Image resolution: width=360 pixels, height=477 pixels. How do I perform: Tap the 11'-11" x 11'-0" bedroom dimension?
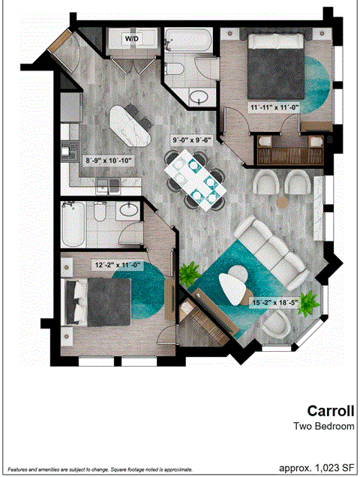[x=274, y=106]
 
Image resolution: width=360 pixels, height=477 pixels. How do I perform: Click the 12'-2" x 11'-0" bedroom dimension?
[x=117, y=264]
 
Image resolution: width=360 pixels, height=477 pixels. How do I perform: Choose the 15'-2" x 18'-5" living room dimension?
[x=275, y=302]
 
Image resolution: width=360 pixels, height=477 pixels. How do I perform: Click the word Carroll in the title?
[x=329, y=410]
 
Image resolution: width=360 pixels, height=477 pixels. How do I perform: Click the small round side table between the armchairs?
[x=282, y=202]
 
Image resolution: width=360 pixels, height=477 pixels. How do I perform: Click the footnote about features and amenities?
[x=99, y=469]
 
